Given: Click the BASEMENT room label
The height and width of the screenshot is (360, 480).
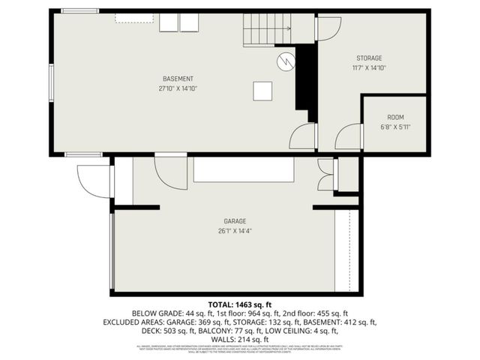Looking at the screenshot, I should [178, 79].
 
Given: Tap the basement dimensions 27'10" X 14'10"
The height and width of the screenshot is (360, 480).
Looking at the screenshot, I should [178, 88].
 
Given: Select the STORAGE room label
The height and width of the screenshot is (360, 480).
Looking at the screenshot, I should [369, 58].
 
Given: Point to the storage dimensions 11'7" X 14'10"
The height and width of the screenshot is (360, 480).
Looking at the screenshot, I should [369, 67].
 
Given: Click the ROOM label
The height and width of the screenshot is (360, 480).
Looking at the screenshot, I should [395, 118].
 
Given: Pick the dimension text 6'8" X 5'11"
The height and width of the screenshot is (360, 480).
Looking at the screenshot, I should [395, 127].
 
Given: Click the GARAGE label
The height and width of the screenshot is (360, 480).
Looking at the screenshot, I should [235, 221].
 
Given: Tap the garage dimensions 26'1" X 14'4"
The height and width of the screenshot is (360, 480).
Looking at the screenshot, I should [235, 231].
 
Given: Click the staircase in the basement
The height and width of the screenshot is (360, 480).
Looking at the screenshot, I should [266, 30].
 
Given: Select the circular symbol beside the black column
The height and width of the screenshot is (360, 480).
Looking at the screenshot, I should [286, 61].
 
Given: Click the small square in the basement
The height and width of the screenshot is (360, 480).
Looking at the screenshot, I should [262, 91].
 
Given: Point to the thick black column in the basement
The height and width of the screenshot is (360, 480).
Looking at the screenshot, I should [305, 79].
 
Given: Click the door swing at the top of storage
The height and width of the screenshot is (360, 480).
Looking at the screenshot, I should [328, 28].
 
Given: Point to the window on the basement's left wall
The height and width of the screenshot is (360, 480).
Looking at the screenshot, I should [52, 82].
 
